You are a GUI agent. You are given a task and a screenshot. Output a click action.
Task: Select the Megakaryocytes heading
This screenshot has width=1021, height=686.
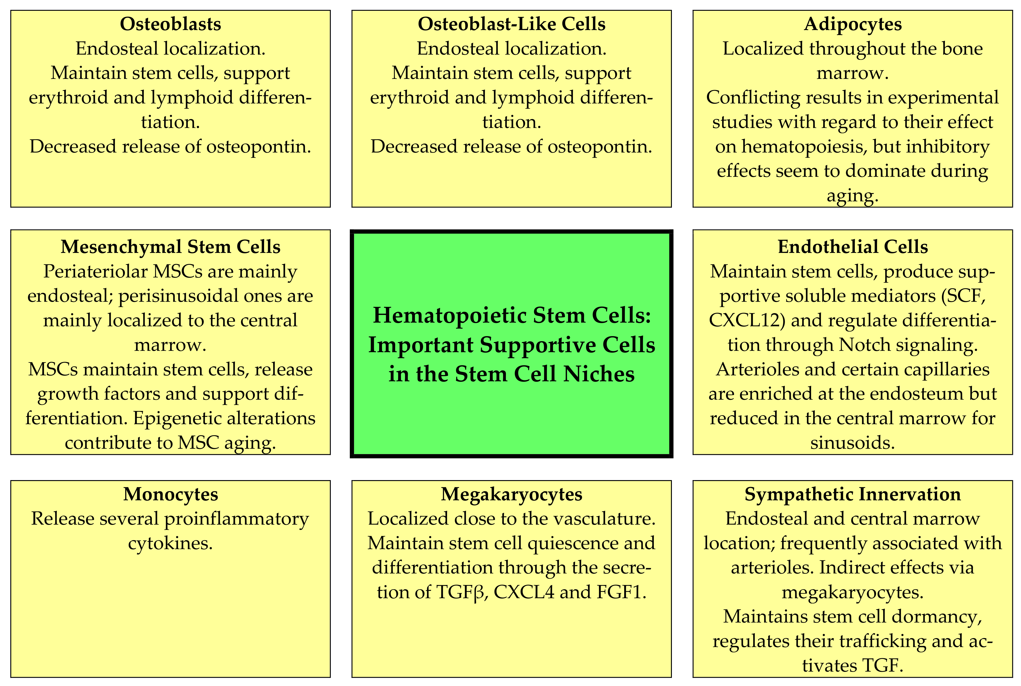pos(511,494)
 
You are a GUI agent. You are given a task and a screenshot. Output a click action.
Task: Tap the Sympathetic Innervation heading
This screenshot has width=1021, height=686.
pos(853,494)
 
